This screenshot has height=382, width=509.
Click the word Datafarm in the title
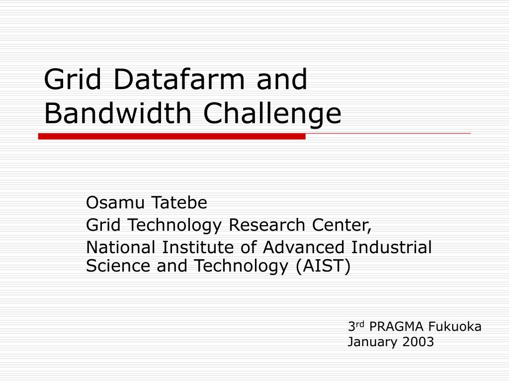tap(179, 79)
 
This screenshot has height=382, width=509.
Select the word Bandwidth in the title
tap(117, 113)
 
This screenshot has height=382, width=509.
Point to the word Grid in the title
tap(73, 79)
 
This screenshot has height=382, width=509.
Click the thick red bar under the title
tap(171, 136)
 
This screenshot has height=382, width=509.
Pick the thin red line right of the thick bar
tap(388, 133)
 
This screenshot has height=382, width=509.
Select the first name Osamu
tap(115, 203)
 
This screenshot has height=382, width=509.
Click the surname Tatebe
tap(179, 203)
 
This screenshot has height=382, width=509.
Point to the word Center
tap(341, 225)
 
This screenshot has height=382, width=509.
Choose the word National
tap(120, 247)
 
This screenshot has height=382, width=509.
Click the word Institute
tap(198, 247)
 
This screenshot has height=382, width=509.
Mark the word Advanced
tap(303, 247)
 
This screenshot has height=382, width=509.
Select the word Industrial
tap(391, 247)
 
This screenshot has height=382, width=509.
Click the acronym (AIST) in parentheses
tap(323, 267)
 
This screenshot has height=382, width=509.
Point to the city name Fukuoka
tap(454, 327)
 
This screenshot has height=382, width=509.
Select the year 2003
tap(418, 342)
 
